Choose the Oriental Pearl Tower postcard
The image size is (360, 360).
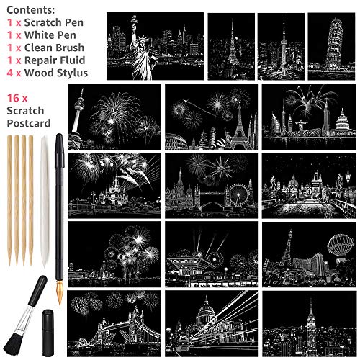tap(281, 45)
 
